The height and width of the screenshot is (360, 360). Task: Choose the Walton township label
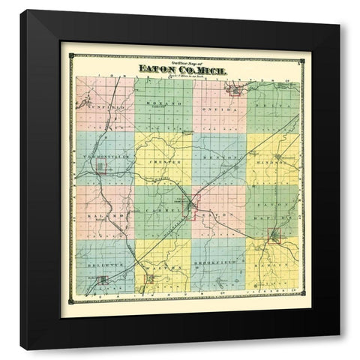coord(160,266)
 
